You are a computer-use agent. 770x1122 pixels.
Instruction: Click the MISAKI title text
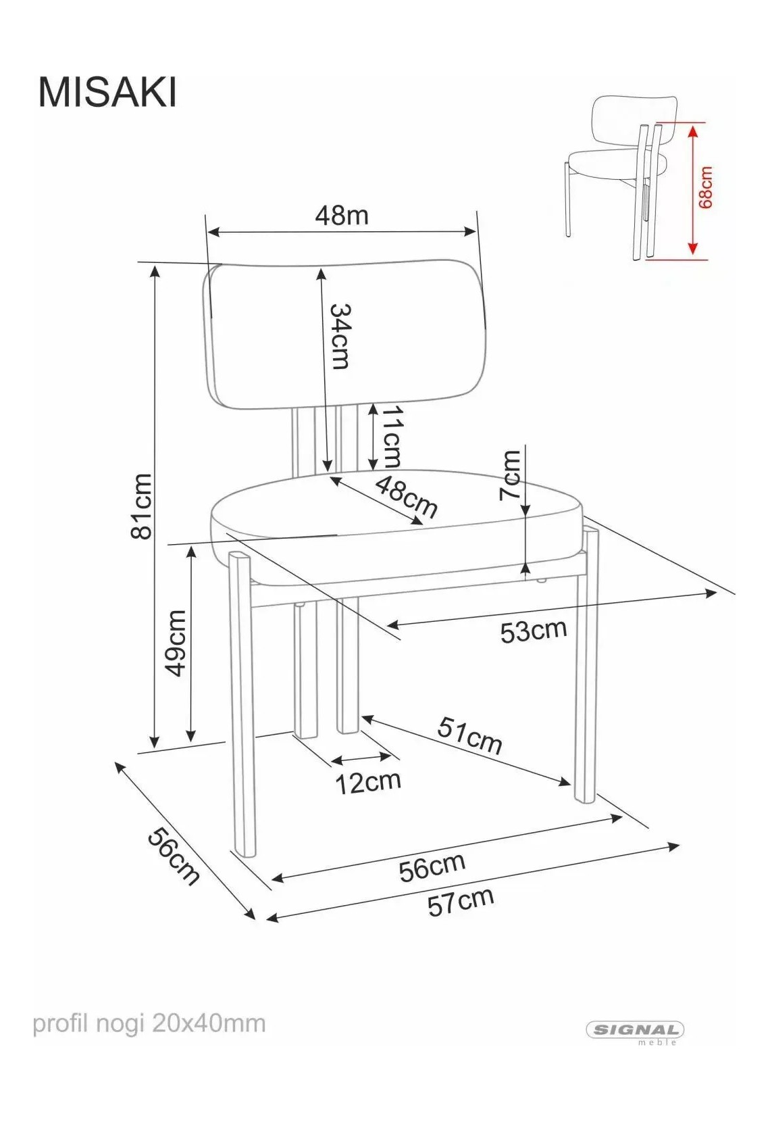107,93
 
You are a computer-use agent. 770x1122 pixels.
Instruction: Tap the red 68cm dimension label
705,187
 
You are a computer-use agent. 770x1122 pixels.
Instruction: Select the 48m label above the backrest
342,216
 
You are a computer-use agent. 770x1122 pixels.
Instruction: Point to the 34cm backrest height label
340,337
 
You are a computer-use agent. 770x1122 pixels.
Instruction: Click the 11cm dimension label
392,436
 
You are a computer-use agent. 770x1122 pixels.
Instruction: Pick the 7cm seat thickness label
511,475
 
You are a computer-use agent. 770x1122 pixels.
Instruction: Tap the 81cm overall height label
141,506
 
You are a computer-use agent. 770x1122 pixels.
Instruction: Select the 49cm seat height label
175,643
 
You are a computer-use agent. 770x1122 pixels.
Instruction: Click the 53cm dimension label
534,631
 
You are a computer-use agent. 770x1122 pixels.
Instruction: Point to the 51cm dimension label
469,736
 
